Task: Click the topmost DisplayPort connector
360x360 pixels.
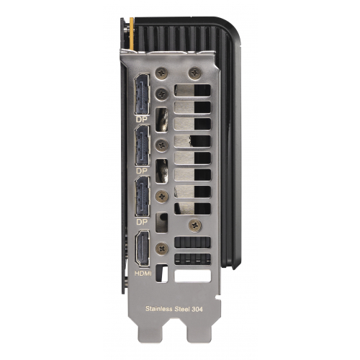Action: coord(143,94)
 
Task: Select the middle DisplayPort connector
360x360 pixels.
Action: coord(143,145)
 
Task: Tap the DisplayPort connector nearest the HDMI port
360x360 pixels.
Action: coord(143,197)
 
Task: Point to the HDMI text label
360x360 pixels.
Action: coord(143,273)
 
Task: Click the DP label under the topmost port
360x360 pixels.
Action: coord(142,120)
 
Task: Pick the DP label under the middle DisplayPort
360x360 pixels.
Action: coord(142,171)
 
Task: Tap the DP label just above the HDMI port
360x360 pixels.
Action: coord(142,222)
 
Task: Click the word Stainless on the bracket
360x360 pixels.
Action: coord(159,308)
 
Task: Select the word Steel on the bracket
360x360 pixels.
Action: coord(182,309)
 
